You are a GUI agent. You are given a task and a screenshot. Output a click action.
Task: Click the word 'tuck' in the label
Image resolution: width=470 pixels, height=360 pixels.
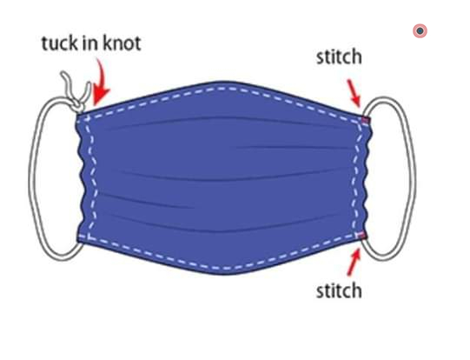tap(59, 43)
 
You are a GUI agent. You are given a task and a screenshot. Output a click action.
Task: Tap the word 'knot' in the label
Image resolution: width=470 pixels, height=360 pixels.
tap(122, 43)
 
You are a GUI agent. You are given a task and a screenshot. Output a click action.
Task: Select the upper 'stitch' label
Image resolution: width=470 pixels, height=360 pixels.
tap(339, 57)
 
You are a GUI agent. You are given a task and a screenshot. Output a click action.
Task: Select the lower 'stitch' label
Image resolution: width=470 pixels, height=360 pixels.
tap(339, 290)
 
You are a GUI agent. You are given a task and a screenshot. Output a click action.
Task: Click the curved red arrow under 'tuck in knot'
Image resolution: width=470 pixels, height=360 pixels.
tap(102, 82)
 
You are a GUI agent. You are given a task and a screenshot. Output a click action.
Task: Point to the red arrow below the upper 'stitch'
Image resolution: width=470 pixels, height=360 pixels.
tap(354, 93)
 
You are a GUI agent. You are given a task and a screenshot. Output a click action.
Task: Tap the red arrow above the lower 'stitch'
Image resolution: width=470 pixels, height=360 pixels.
tap(354, 262)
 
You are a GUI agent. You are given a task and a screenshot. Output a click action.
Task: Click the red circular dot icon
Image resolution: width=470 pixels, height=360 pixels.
tap(420, 31)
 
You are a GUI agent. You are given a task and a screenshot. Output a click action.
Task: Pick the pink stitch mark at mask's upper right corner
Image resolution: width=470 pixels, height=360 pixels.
tap(366, 121)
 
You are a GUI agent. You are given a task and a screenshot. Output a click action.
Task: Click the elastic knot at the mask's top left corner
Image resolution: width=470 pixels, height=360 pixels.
tap(77, 104)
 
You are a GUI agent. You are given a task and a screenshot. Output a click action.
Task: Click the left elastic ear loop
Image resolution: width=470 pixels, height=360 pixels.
tap(31, 180)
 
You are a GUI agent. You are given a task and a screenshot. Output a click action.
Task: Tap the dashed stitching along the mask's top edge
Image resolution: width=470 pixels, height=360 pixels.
tap(222, 89)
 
